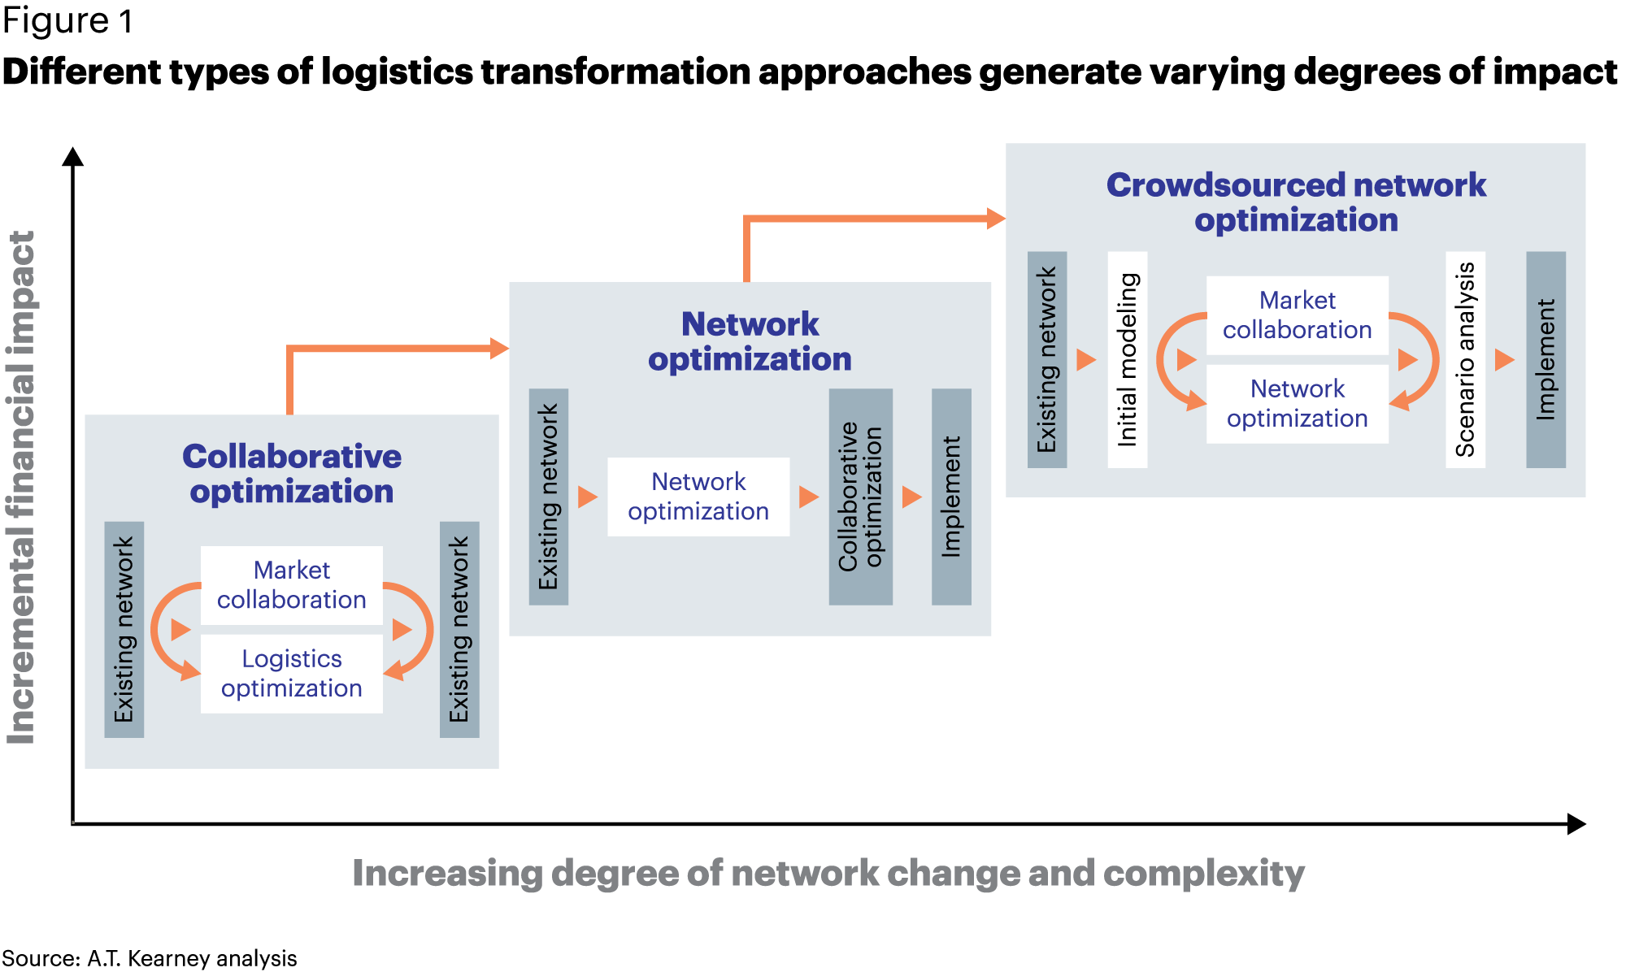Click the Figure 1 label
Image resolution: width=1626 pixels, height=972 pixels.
67,21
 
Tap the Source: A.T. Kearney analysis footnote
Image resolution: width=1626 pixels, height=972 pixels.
150,958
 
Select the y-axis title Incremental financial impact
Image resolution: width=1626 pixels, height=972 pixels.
22,488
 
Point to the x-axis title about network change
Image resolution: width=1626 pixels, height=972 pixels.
828,874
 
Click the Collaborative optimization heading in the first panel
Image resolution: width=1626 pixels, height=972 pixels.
292,474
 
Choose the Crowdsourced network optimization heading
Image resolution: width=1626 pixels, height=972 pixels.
1296,202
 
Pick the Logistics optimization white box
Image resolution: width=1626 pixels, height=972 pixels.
292,674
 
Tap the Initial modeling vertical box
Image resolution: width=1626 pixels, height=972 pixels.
1128,359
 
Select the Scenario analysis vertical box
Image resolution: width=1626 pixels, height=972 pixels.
1465,359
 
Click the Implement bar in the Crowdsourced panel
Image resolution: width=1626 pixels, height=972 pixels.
1546,359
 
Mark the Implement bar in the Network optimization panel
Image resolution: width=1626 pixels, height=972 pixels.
951,497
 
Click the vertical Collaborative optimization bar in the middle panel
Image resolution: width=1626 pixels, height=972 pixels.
860,497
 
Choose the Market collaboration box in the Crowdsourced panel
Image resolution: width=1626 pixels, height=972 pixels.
1297,315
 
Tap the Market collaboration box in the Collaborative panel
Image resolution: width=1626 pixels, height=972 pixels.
292,585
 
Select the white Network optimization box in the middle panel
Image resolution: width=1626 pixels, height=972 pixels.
698,497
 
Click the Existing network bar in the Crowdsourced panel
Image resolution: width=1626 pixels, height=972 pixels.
1047,359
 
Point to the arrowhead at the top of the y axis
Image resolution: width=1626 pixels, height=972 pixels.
73,156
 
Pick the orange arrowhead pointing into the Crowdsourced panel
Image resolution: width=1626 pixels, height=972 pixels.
996,218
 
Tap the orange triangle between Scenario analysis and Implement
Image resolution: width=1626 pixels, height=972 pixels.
1504,359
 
